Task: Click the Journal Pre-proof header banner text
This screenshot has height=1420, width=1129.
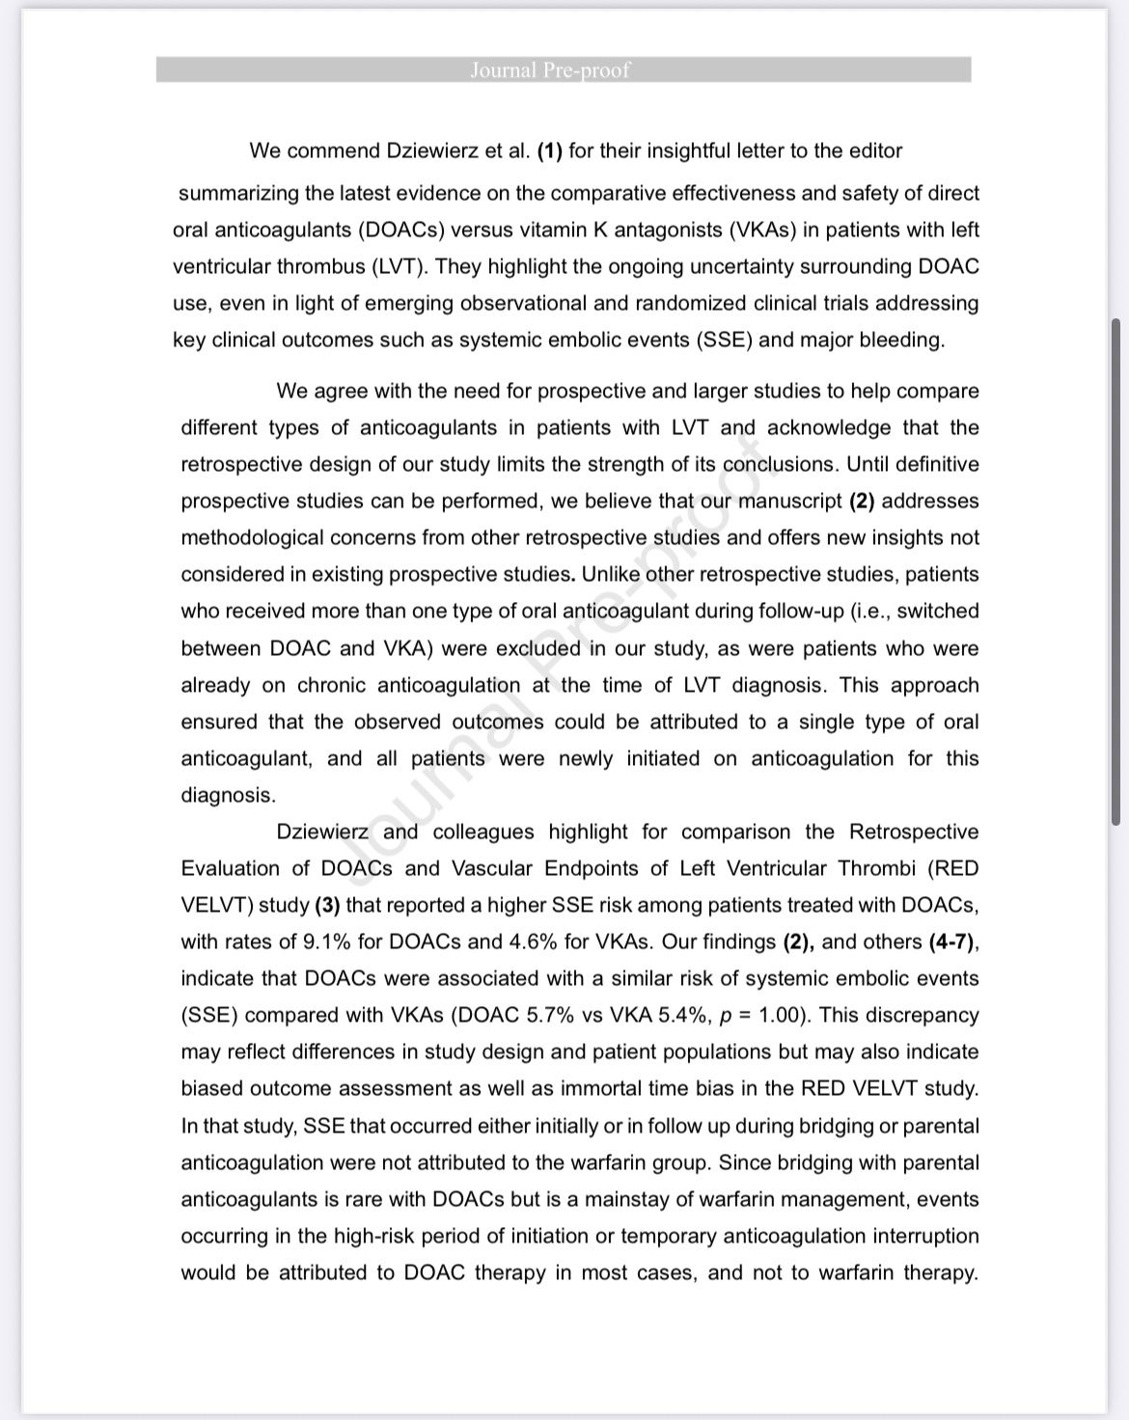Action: click(550, 70)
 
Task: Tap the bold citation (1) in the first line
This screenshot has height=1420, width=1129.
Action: click(550, 151)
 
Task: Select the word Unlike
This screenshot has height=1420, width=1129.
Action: click(610, 574)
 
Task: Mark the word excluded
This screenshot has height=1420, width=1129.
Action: click(537, 648)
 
